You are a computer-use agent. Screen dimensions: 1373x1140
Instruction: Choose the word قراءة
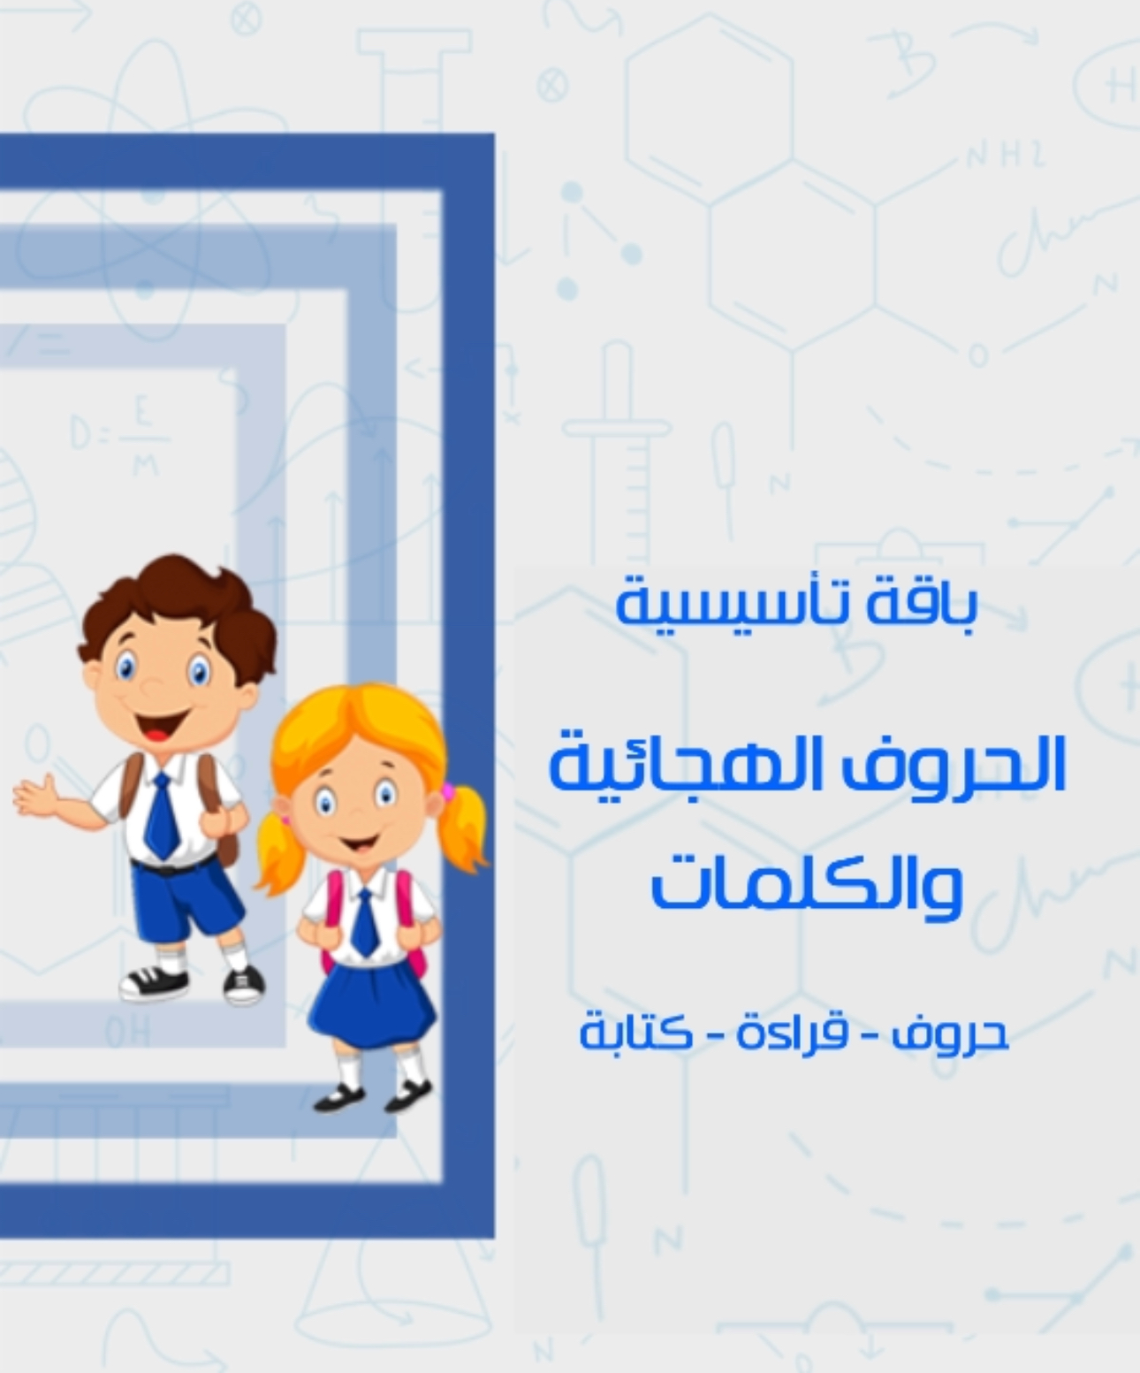791,1033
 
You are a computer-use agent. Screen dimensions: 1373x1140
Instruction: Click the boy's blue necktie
162,818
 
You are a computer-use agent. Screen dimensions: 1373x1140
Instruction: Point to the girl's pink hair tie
450,789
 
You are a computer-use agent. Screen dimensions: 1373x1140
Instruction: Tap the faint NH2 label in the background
1005,157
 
